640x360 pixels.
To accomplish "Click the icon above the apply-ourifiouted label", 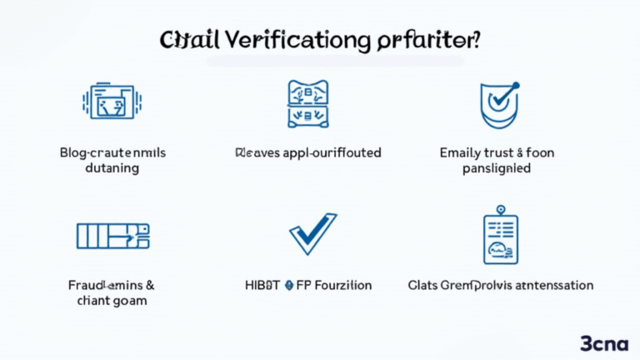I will (308, 103).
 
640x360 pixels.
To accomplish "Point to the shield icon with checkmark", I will (497, 105).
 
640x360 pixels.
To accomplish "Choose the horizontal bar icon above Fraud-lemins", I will (112, 236).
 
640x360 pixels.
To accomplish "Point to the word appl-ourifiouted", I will (331, 152).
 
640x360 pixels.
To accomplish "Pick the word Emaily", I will (461, 152).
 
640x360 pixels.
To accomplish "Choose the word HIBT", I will (262, 285).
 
